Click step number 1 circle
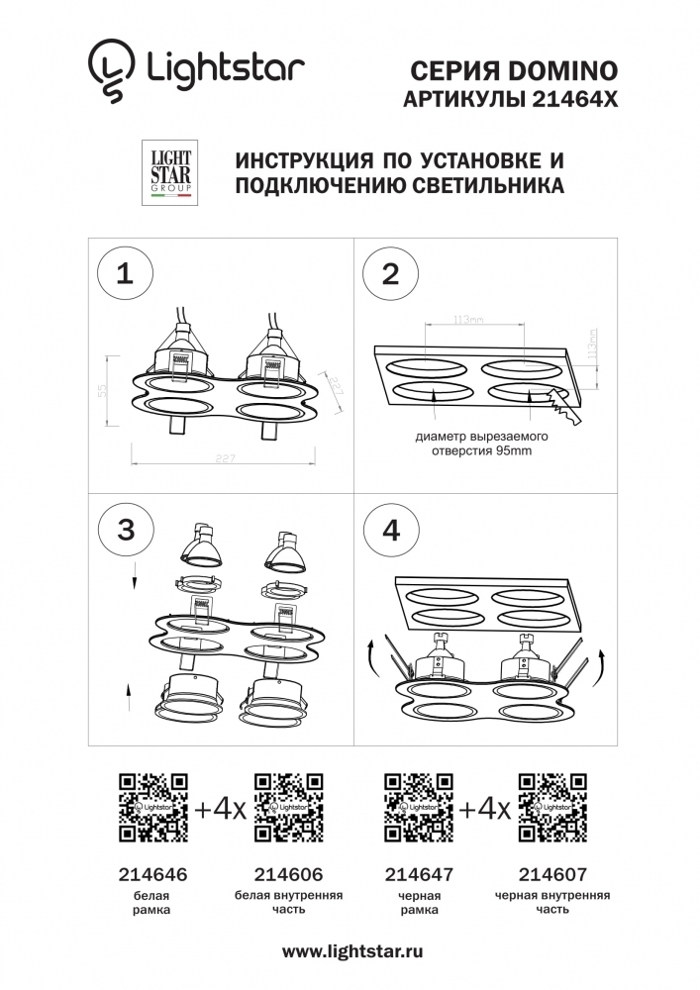coord(125,274)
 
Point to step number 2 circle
coord(390,274)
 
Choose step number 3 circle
coord(125,530)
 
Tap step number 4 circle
coord(390,530)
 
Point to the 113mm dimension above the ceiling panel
coord(467,320)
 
